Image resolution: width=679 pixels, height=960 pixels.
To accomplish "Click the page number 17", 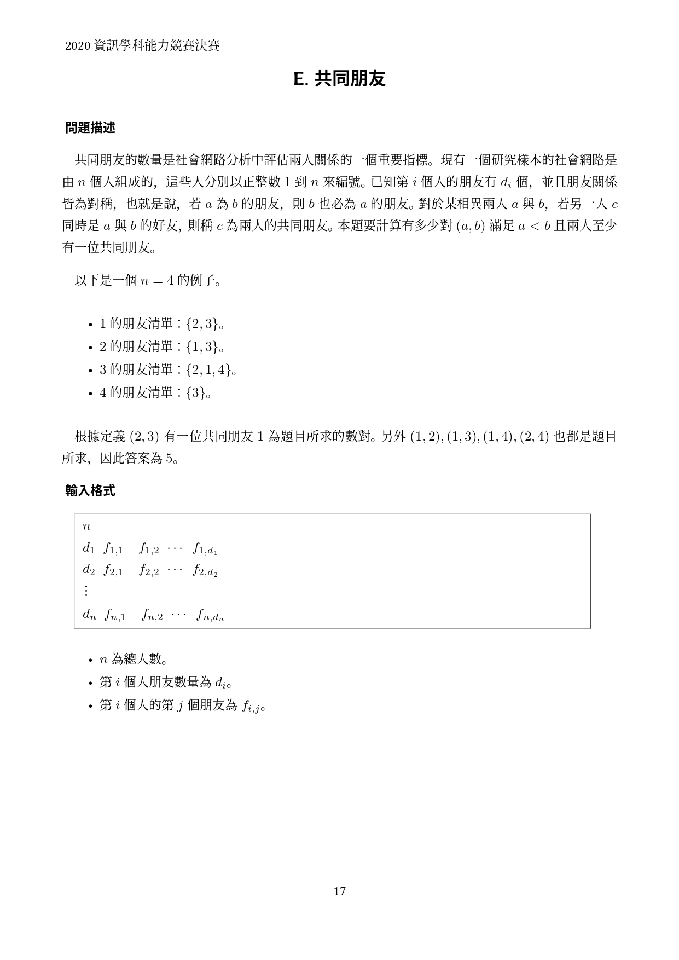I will pyautogui.click(x=339, y=892).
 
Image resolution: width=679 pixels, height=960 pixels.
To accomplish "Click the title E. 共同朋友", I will pyautogui.click(x=339, y=79).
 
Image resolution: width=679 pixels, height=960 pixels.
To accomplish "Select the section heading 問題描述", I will pyautogui.click(x=90, y=128).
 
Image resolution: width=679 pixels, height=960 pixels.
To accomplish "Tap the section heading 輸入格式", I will pyautogui.click(x=90, y=491).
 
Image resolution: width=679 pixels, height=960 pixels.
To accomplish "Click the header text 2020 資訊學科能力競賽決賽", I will pyautogui.click(x=142, y=46).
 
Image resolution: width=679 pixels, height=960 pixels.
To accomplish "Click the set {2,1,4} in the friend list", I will pyautogui.click(x=208, y=370).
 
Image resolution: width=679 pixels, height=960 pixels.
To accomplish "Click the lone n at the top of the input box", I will pyautogui.click(x=86, y=527).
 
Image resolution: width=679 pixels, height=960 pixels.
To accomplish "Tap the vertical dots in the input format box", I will pyautogui.click(x=86, y=591).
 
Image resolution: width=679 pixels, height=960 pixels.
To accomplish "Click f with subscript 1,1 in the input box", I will pyautogui.click(x=113, y=548).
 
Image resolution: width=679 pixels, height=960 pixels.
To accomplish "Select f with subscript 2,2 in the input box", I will pyautogui.click(x=149, y=571).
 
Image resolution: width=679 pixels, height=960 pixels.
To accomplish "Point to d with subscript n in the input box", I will pyautogui.click(x=89, y=615).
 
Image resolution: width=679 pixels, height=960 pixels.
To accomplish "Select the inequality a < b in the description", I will pyautogui.click(x=533, y=226).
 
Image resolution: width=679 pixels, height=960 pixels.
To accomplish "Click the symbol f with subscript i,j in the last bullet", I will pyautogui.click(x=251, y=706).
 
